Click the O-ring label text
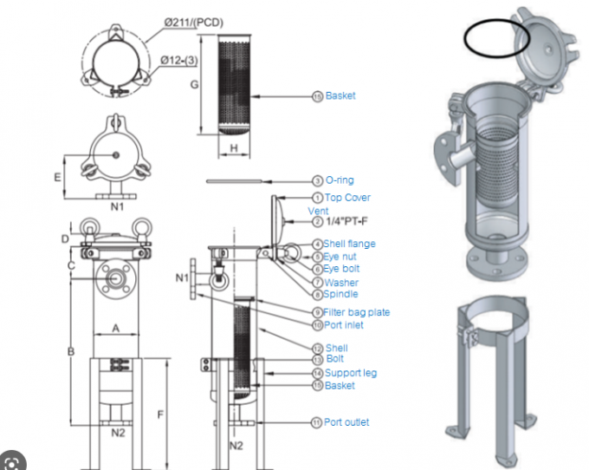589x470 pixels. click(x=340, y=180)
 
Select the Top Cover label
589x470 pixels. click(x=347, y=198)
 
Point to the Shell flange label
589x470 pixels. click(x=350, y=244)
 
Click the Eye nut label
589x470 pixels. click(x=341, y=257)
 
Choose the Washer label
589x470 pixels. click(x=341, y=282)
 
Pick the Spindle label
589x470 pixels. click(x=341, y=294)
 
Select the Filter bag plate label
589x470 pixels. click(x=357, y=311)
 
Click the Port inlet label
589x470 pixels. click(x=344, y=325)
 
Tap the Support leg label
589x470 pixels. click(x=350, y=373)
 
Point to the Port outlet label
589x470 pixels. click(x=346, y=422)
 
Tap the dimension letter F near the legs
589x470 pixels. click(x=161, y=415)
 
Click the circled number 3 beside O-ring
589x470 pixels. click(x=317, y=180)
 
